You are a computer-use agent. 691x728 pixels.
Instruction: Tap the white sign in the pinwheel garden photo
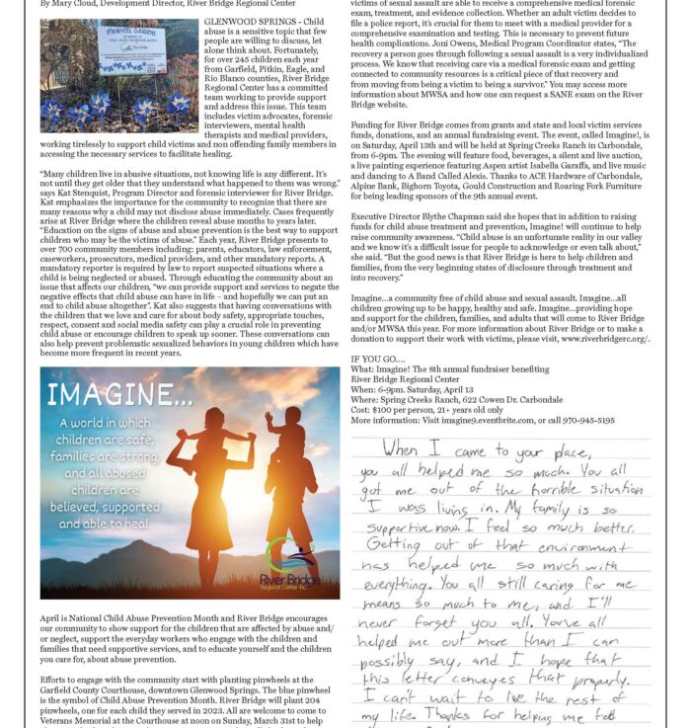tap(130, 47)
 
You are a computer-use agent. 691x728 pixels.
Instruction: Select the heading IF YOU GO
tap(377, 360)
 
